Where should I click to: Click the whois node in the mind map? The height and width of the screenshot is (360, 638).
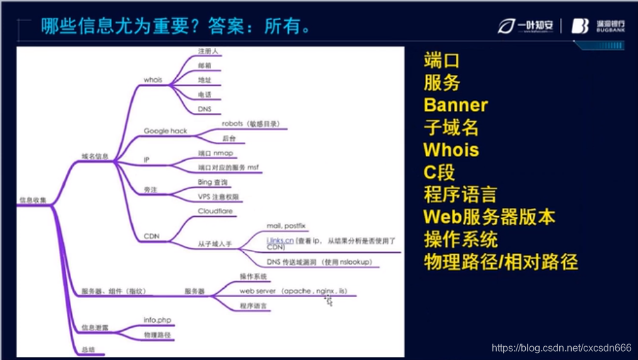(153, 80)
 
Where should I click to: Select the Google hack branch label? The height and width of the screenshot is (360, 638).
(165, 131)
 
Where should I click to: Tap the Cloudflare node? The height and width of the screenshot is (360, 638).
(216, 211)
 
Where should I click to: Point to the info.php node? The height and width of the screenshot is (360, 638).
(158, 320)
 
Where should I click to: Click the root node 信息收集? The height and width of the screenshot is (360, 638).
(31, 200)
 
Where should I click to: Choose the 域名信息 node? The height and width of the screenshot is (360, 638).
(95, 156)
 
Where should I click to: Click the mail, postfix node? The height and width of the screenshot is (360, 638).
(286, 226)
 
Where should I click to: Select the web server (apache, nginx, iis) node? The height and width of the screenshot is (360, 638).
(293, 291)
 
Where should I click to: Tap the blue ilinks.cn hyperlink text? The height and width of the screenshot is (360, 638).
(280, 241)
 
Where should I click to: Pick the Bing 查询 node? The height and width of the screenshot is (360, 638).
(213, 182)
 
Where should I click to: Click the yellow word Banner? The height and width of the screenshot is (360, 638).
(455, 105)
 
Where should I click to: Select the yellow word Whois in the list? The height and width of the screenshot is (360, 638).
(451, 150)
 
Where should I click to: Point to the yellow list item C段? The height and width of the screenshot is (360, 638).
(439, 172)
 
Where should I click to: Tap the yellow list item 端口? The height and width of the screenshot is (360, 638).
(442, 61)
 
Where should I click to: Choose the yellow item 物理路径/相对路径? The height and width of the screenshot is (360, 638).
(501, 262)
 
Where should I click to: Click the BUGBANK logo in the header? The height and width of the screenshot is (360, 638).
(598, 26)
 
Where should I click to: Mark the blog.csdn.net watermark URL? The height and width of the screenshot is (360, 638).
(561, 348)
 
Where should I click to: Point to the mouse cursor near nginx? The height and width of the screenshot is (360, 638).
(329, 301)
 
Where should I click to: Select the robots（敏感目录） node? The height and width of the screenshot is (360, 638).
(250, 124)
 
